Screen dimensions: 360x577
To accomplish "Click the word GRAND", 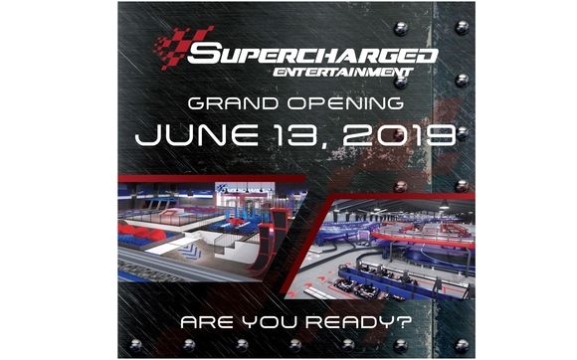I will click(230, 103).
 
